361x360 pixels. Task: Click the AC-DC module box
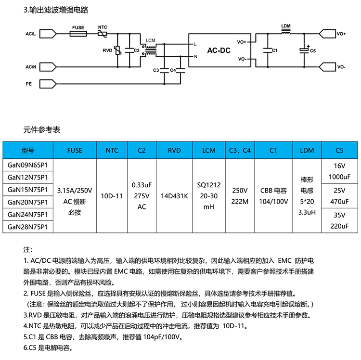(x=219, y=50)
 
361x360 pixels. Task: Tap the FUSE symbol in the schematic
(x=78, y=35)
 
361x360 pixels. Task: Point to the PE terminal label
(x=28, y=84)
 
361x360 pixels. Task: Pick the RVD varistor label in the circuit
(x=107, y=50)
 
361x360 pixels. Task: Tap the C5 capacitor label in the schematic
(x=313, y=50)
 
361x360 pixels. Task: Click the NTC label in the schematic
(x=103, y=27)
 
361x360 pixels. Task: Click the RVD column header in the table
(x=174, y=150)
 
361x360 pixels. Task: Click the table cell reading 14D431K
(x=174, y=195)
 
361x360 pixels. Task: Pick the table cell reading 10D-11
(x=111, y=195)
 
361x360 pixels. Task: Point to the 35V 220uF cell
(x=339, y=221)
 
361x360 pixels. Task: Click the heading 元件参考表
(x=42, y=129)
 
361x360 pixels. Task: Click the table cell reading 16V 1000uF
(x=339, y=170)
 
